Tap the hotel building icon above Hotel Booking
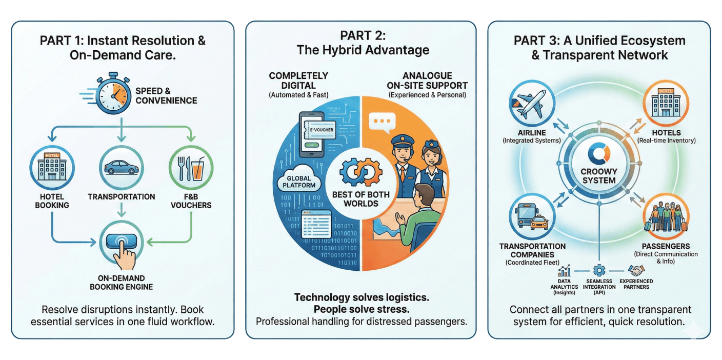[x=52, y=168]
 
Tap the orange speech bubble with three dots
[x=382, y=121]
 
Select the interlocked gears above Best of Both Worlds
[x=360, y=172]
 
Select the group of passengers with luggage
[x=666, y=217]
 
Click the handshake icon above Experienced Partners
[x=636, y=270]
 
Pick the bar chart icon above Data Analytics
[x=565, y=271]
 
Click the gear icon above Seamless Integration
[x=599, y=270]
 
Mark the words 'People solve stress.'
[x=361, y=309]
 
